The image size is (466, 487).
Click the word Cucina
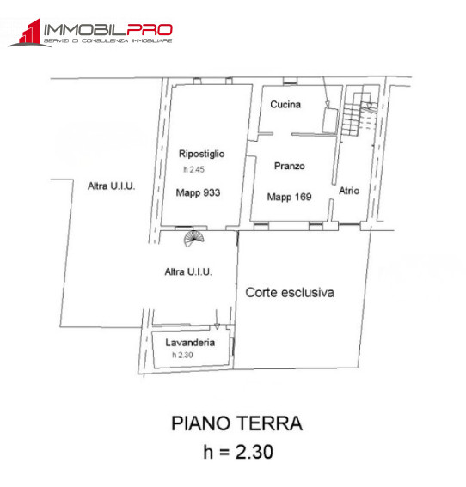pos(285,105)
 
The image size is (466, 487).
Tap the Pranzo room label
pos(290,166)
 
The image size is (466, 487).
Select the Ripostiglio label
pos(201,154)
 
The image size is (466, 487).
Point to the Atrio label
pos(349,191)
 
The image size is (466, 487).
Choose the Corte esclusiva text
pos(290,292)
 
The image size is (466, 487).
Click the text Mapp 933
pos(199,193)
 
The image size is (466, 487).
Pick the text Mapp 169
pos(289,197)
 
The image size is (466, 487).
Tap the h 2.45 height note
pos(192,170)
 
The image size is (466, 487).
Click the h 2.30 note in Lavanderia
pos(182,354)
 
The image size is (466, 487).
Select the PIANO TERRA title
pos(237,423)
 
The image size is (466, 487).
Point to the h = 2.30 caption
pos(236,451)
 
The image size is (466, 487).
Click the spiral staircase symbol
pos(195,237)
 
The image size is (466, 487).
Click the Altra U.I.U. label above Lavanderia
pos(188,271)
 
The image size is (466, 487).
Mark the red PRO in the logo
pos(150,29)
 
